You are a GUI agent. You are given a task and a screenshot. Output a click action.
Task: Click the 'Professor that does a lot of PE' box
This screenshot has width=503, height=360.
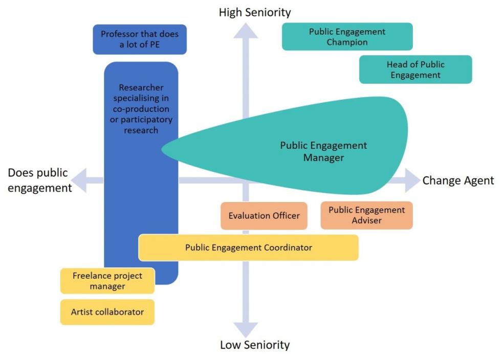(x=139, y=39)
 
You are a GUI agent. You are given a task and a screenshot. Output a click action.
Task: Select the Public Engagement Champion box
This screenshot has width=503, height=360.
(x=347, y=37)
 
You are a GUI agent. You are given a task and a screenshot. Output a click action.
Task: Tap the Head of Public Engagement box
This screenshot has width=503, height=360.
(x=415, y=70)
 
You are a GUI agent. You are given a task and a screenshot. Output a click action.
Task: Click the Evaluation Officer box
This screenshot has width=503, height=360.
(x=264, y=216)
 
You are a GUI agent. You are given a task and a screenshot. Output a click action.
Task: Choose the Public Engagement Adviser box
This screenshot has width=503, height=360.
(x=366, y=215)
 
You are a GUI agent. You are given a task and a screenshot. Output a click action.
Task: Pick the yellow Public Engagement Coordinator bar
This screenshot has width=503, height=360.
(x=248, y=247)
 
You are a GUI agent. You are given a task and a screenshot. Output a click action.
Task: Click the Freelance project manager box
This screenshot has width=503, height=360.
(x=107, y=281)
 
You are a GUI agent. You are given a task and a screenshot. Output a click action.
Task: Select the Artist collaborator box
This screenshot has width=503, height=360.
(x=107, y=312)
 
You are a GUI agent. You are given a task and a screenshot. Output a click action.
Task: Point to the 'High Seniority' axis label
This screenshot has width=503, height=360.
(x=254, y=12)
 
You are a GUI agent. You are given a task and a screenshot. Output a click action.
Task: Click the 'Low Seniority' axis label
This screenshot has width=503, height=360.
(x=254, y=345)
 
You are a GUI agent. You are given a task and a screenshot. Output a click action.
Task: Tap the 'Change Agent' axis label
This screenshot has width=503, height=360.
(x=458, y=181)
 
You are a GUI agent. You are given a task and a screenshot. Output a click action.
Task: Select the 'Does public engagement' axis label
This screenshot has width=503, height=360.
(x=39, y=181)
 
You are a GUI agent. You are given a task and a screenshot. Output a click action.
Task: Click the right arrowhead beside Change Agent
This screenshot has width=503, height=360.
(x=412, y=181)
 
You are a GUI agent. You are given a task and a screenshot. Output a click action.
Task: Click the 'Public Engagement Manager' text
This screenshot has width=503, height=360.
(x=323, y=151)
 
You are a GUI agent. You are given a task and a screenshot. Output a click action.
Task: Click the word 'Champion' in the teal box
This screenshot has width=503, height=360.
(x=347, y=42)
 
